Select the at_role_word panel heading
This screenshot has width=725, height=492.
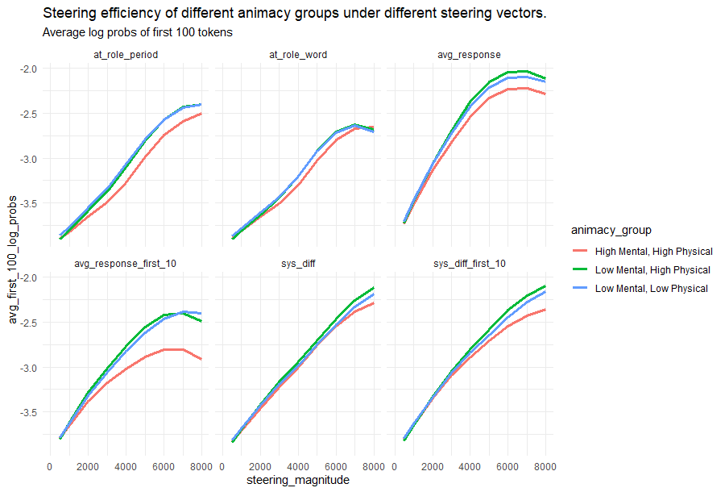297,55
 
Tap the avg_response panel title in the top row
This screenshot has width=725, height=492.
469,55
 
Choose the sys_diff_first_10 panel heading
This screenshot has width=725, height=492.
469,264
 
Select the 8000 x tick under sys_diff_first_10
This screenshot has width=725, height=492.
545,465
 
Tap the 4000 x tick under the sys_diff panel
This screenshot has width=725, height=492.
297,465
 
